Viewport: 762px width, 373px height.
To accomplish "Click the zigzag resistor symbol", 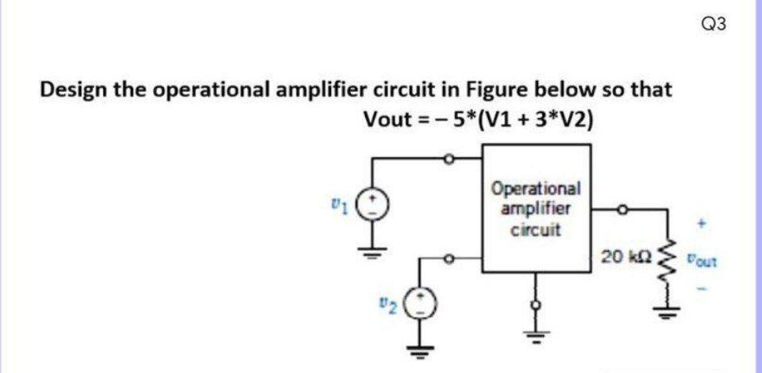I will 668,263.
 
